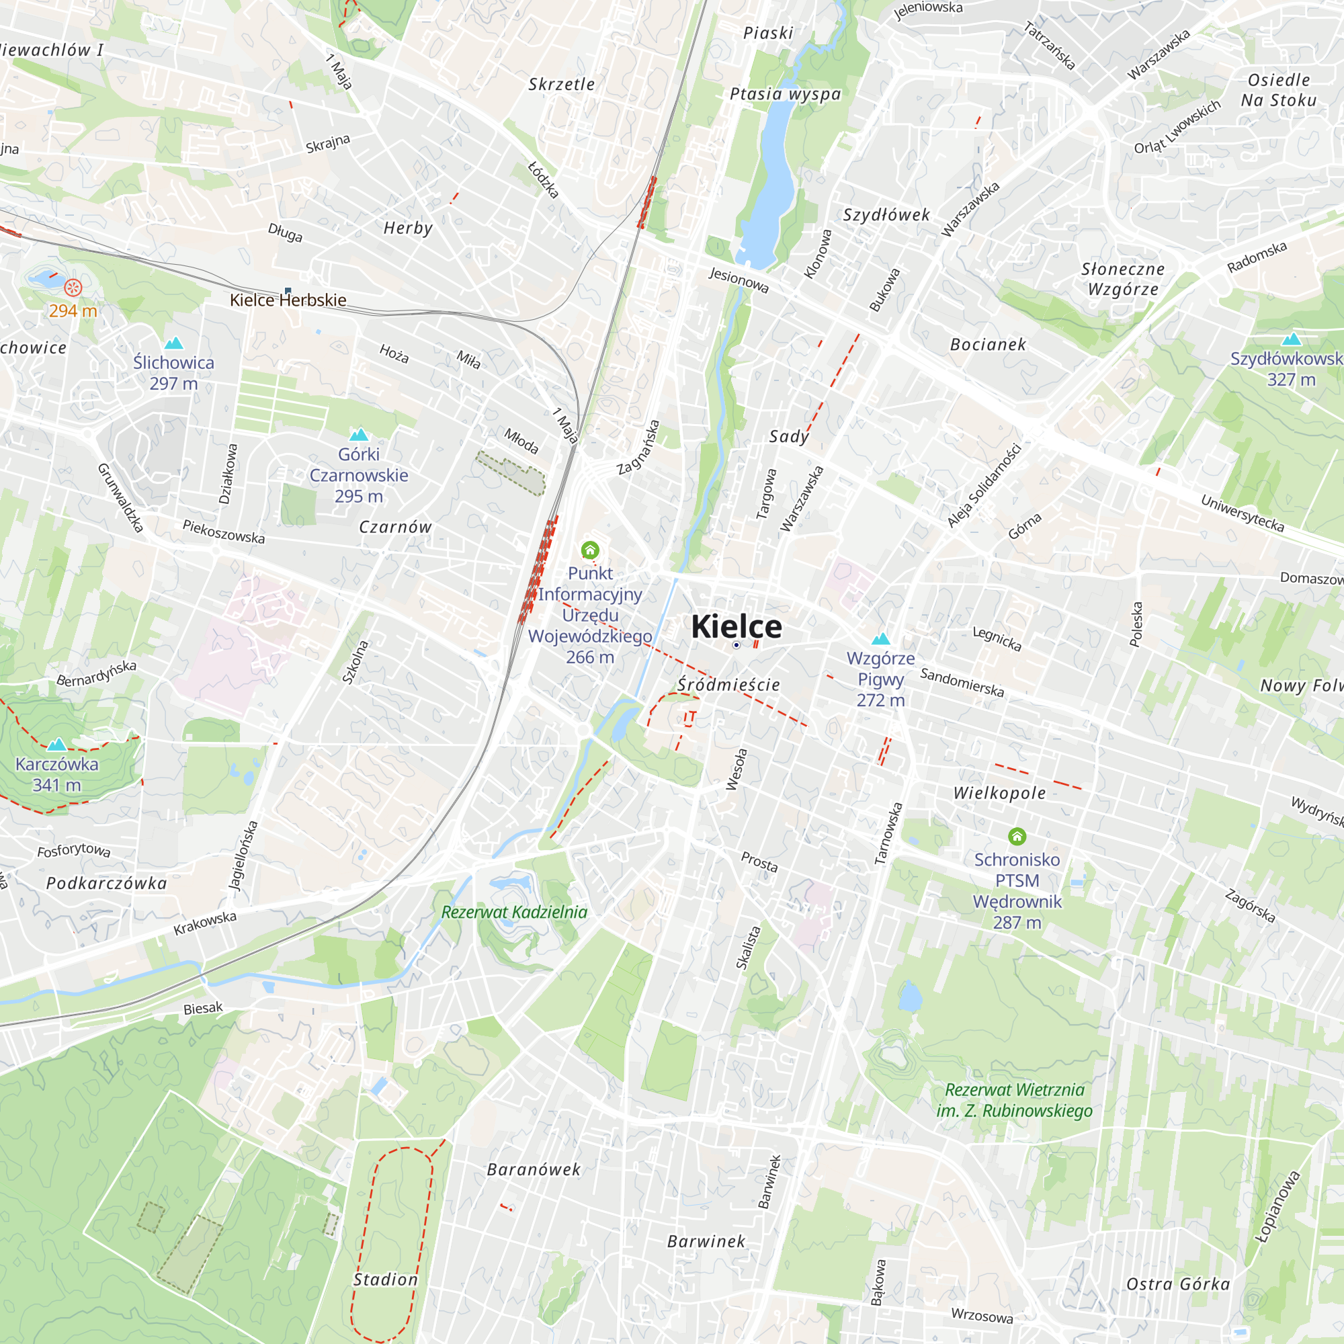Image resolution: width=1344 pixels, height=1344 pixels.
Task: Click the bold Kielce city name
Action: click(x=736, y=627)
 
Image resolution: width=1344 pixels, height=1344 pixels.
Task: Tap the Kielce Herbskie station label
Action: click(x=288, y=300)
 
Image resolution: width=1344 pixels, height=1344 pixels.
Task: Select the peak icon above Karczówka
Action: click(x=57, y=744)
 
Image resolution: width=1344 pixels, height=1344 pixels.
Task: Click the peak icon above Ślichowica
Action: click(x=174, y=343)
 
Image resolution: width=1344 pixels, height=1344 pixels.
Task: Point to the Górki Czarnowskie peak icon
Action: click(x=359, y=435)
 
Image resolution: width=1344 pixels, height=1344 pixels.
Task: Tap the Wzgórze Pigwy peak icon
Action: click(x=881, y=638)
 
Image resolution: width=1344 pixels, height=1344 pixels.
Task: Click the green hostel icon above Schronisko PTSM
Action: click(x=1017, y=836)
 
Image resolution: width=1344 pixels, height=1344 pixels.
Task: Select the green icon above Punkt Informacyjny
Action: click(x=590, y=550)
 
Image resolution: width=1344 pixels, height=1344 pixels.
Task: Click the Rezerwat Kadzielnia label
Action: click(x=514, y=912)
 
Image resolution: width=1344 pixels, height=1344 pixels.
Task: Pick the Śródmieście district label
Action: click(x=729, y=685)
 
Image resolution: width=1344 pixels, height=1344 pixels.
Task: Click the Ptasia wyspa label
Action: click(x=786, y=94)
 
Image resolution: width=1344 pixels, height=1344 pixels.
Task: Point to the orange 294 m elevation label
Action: click(x=73, y=311)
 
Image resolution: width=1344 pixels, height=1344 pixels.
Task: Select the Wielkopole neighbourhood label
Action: click(x=1000, y=793)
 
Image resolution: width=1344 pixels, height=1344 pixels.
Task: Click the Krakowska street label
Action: click(x=205, y=923)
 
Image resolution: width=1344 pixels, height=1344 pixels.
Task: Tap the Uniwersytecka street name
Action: click(x=1243, y=513)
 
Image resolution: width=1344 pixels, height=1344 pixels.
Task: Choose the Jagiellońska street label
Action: click(x=243, y=855)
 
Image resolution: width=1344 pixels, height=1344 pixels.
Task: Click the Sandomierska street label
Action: click(x=962, y=683)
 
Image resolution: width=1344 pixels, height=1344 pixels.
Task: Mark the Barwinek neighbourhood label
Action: click(x=706, y=1241)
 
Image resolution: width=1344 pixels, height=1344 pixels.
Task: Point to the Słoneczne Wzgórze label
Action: click(x=1123, y=279)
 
